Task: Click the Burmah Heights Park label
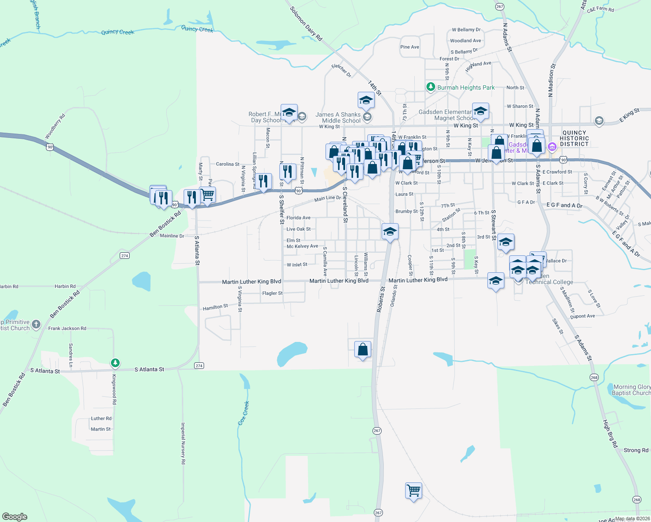pos(466,87)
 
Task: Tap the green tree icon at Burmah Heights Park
pos(430,87)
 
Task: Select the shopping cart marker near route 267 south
pos(413,491)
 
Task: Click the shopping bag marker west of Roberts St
pos(362,350)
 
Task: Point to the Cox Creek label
pos(244,413)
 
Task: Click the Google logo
pos(15,516)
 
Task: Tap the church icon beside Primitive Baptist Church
pos(36,324)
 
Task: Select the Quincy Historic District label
pos(574,138)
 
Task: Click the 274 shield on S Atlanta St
pos(199,365)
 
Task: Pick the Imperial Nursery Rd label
pos(183,443)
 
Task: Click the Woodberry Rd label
pos(55,127)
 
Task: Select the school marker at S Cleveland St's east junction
pos(389,231)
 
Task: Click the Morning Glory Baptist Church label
pos(631,390)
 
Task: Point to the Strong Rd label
pos(636,450)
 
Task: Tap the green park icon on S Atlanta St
pos(115,362)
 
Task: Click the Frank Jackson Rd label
pos(67,328)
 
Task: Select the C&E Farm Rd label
pos(600,9)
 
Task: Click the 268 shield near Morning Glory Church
pos(594,377)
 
